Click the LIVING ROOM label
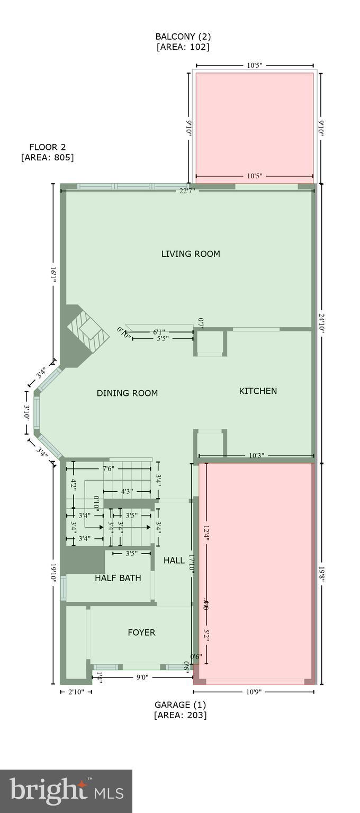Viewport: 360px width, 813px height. click(x=191, y=254)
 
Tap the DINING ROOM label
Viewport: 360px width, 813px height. click(x=127, y=393)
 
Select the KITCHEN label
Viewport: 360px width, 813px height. click(x=258, y=391)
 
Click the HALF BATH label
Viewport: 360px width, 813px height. click(x=118, y=578)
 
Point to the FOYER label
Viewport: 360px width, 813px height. click(x=141, y=633)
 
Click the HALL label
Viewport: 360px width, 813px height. click(x=174, y=561)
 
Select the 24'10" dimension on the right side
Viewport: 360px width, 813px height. click(x=321, y=323)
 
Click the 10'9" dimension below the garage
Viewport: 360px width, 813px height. click(x=253, y=692)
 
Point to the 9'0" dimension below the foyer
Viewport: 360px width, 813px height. click(x=142, y=676)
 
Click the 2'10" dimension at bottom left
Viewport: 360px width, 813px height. click(x=76, y=692)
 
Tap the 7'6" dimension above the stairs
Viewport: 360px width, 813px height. click(x=108, y=468)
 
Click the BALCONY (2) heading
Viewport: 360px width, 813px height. click(x=183, y=37)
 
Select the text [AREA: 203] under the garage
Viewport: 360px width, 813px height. click(x=180, y=715)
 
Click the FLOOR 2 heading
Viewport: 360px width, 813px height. click(x=48, y=147)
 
